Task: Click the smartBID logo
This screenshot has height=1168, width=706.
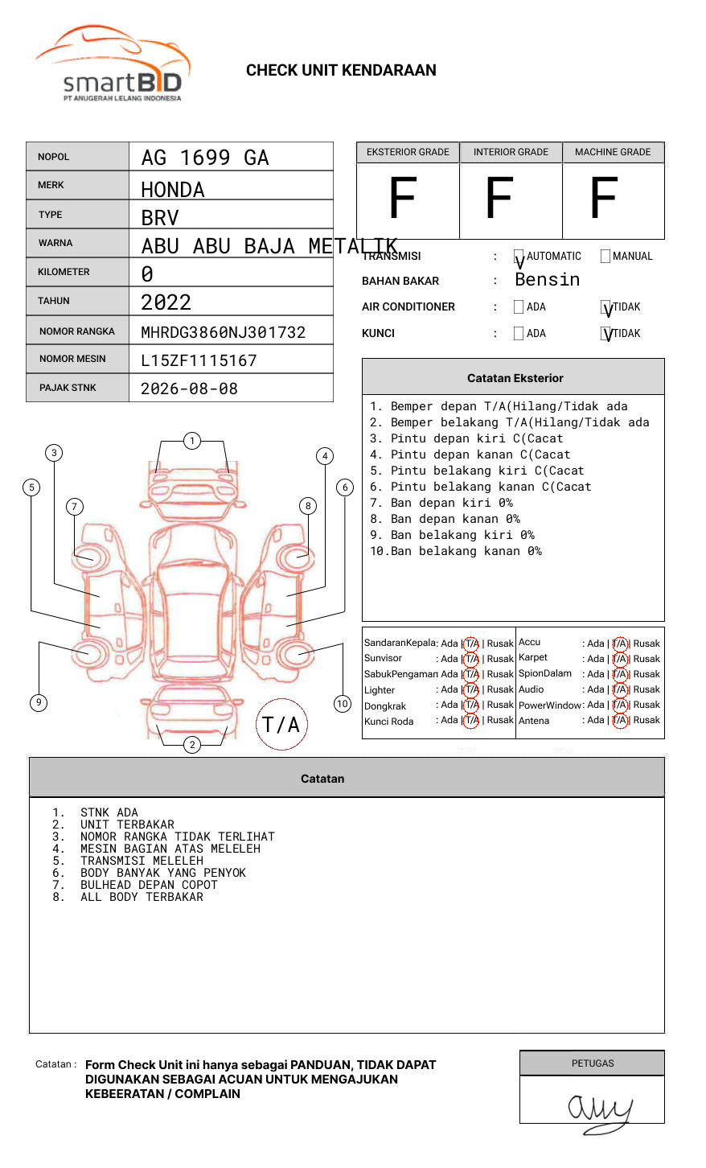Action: [x=113, y=65]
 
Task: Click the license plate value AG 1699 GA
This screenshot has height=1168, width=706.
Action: [x=205, y=158]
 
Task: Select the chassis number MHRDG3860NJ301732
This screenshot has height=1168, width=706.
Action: [x=223, y=332]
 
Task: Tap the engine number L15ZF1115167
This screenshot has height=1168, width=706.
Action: [x=199, y=360]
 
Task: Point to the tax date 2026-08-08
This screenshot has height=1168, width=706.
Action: [x=189, y=389]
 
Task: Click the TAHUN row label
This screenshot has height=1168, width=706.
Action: [x=54, y=301]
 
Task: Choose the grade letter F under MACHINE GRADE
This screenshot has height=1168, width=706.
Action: [x=603, y=199]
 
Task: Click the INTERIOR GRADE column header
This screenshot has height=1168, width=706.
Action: [x=511, y=152]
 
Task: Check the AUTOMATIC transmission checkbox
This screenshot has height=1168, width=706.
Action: [x=519, y=257]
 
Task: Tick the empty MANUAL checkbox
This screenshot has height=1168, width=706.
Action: [x=605, y=257]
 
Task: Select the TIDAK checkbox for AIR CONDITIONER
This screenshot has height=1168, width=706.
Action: [x=605, y=307]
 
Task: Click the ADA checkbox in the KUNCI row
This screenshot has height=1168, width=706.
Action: [x=519, y=334]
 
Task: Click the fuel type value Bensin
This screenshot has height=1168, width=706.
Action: [x=547, y=280]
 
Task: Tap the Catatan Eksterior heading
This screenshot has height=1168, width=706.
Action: [x=515, y=378]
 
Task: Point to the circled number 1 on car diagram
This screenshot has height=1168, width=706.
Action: [x=191, y=441]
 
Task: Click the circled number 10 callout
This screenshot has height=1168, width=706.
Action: [x=343, y=704]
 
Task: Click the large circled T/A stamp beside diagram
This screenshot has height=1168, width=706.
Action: [x=281, y=725]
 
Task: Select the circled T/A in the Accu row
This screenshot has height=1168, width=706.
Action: [x=620, y=644]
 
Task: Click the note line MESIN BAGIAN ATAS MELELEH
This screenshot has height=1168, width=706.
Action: [x=170, y=849]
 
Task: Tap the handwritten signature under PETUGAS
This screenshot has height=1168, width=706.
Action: [x=599, y=1110]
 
